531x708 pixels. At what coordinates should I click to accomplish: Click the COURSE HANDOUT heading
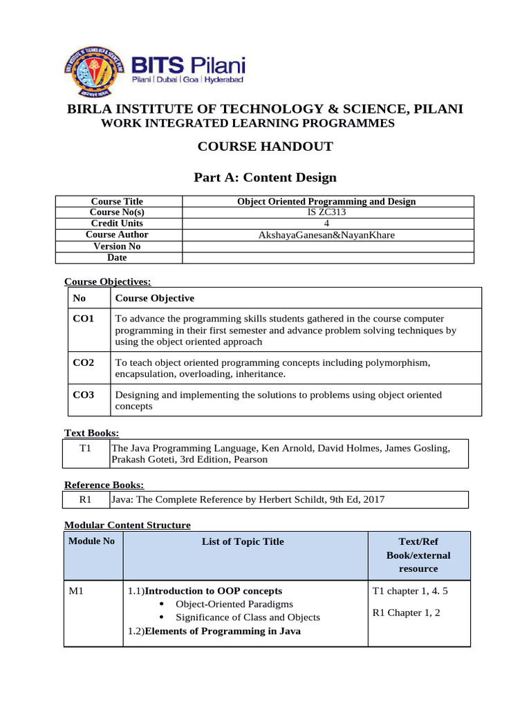coord(265,146)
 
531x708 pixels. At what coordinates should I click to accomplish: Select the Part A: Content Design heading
coord(265,178)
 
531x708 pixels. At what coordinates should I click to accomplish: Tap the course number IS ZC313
coord(327,212)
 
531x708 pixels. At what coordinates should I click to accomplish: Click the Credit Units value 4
coord(327,223)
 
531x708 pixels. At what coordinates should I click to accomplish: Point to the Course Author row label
coord(119,234)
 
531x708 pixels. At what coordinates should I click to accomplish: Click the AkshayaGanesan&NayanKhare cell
coord(327,235)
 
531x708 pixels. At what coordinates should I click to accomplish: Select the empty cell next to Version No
coord(327,246)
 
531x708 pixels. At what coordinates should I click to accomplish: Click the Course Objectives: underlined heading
coord(107,281)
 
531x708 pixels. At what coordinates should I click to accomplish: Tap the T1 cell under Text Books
coord(86,449)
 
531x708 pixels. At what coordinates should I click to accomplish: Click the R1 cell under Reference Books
coord(86,499)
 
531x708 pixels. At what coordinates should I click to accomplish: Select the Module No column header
coord(91,541)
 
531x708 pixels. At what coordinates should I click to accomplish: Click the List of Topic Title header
coord(243,542)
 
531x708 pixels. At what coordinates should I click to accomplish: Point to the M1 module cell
coord(76,591)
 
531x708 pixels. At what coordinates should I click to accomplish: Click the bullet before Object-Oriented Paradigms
coord(161,604)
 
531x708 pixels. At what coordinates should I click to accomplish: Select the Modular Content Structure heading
coord(127,525)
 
